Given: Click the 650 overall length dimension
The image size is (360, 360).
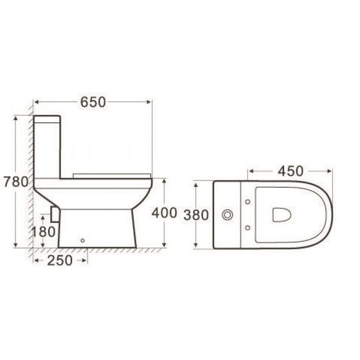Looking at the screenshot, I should pos(93,102).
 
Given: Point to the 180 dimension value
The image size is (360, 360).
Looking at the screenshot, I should pos(43,232).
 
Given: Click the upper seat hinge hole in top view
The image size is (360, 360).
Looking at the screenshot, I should pos(249,202).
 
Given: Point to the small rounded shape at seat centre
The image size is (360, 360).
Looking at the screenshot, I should pos(280,215).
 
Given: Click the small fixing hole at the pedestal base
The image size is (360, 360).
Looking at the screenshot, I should pos(82,240).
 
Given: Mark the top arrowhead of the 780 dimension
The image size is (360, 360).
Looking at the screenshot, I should pos(18,117).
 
